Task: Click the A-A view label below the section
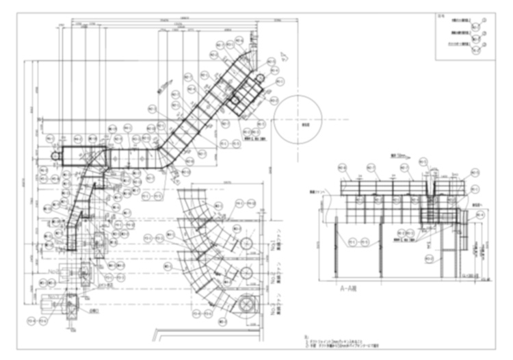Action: point(350,290)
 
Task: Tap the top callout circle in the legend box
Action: point(484,22)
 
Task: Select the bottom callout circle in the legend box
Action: point(484,45)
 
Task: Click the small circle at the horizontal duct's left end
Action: point(55,157)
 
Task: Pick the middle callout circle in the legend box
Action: point(484,33)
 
